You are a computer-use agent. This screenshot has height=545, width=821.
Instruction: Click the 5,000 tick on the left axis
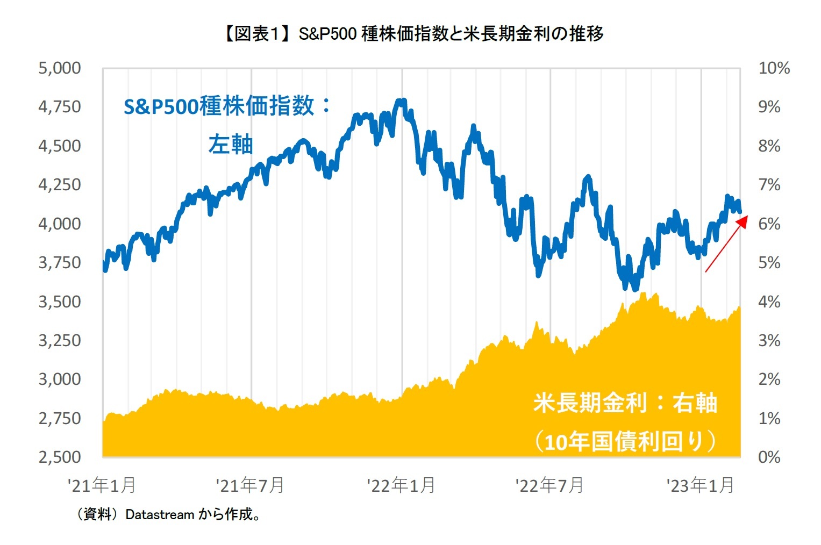60,68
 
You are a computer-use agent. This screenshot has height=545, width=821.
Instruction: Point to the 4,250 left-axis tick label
60,185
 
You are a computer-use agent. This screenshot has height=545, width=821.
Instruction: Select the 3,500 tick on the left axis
60,302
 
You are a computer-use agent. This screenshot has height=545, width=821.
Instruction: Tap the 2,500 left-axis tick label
60,457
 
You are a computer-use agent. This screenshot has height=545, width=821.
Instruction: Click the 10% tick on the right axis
774,68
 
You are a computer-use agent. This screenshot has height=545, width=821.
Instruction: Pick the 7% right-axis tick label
769,185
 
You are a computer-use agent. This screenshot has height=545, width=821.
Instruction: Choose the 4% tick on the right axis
769,302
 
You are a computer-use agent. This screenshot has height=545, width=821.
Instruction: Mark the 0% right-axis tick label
769,457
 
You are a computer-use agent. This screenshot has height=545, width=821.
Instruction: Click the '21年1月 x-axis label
102,485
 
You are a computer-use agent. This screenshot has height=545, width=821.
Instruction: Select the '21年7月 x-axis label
250,485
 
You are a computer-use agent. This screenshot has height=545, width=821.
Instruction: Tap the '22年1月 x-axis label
401,485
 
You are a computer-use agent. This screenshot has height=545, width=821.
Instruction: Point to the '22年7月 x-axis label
549,485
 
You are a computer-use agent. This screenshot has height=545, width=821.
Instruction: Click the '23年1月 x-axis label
700,485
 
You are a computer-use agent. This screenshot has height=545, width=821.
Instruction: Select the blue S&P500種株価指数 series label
227,106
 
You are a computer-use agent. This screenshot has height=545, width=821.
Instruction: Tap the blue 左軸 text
230,145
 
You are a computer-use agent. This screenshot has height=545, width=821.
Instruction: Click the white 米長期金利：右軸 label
625,403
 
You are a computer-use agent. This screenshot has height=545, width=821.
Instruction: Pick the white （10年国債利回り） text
625,441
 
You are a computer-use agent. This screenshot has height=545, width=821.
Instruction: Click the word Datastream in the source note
160,515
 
